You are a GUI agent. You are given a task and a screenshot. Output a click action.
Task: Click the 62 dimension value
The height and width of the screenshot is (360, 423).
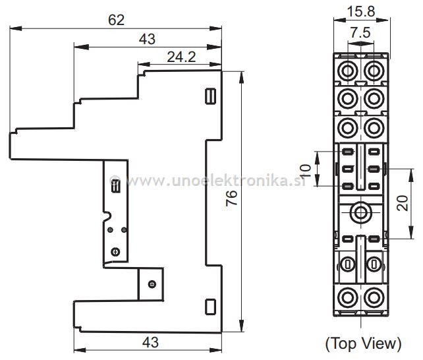click(116, 20)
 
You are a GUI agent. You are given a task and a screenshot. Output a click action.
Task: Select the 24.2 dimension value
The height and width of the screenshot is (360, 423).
click(181, 57)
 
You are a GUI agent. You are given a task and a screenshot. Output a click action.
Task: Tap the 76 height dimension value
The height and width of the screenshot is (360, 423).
click(231, 198)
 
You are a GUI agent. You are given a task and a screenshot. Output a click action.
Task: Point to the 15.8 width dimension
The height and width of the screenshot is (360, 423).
click(361, 12)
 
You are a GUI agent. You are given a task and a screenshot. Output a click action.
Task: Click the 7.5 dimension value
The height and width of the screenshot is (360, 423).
click(360, 33)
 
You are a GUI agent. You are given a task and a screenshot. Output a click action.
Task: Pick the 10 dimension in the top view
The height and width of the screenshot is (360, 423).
click(306, 171)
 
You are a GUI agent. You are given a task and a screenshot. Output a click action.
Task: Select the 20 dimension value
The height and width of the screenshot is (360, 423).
click(402, 203)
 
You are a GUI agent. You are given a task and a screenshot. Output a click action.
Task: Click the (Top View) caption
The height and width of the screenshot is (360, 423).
click(364, 344)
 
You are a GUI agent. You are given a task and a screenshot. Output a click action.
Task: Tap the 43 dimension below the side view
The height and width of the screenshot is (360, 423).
click(150, 343)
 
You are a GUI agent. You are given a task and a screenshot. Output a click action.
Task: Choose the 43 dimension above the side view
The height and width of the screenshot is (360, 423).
click(148, 39)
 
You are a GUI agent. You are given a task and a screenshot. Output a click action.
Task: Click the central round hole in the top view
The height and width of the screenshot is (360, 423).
click(360, 213)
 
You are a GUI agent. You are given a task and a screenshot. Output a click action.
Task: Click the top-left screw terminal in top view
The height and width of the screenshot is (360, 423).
click(347, 71)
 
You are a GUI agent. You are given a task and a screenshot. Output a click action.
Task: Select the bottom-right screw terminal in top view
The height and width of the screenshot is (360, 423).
click(374, 298)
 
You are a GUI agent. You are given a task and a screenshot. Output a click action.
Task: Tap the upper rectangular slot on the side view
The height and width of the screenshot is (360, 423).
click(210, 96)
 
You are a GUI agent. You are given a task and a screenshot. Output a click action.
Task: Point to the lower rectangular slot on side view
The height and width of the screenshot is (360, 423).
click(210, 307)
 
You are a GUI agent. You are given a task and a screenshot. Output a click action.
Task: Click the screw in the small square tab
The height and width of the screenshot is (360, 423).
click(152, 284)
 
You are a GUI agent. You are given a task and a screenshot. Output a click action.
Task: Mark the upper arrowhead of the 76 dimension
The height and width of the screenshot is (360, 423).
click(241, 78)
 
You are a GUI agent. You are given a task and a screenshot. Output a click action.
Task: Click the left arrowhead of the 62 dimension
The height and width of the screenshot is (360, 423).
click(16, 28)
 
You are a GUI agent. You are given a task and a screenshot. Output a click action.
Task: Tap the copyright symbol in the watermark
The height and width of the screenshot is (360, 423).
click(115, 180)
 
